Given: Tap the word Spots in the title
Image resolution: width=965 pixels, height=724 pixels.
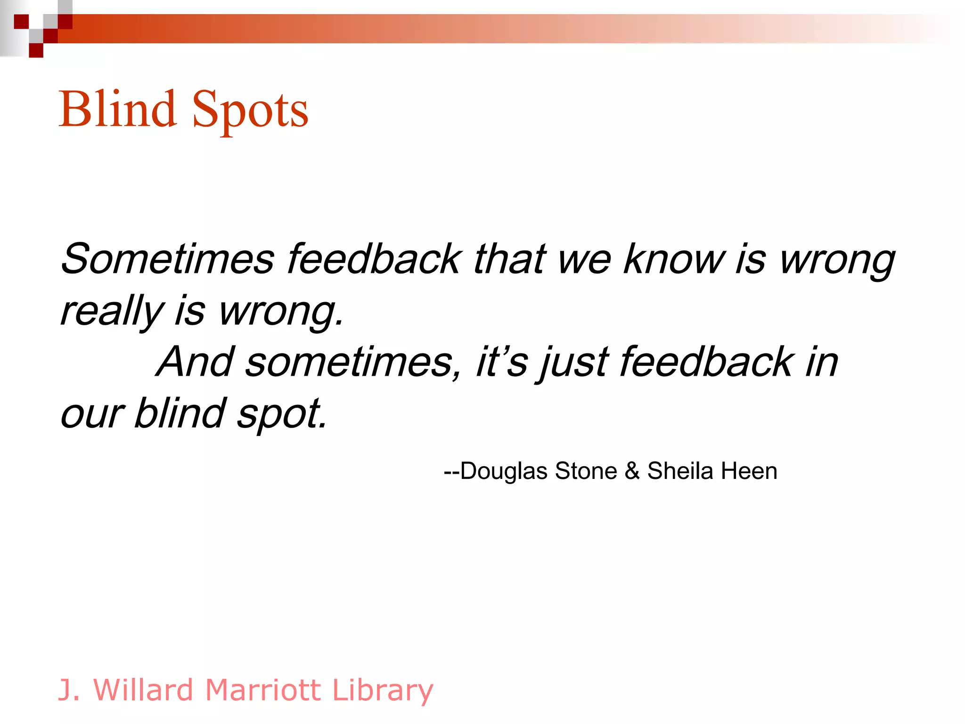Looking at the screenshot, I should [250, 111].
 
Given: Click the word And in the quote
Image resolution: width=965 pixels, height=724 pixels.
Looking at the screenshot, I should [196, 362].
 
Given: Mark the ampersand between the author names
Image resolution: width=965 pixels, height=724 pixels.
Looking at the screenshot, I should [632, 471].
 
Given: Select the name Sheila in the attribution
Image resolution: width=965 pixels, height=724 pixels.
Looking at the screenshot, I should [680, 471].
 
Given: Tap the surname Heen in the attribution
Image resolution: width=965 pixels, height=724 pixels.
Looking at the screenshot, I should [749, 471].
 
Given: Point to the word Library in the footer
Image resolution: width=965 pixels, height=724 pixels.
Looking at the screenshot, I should [383, 691].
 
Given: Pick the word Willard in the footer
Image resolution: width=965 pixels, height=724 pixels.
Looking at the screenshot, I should [144, 690].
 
